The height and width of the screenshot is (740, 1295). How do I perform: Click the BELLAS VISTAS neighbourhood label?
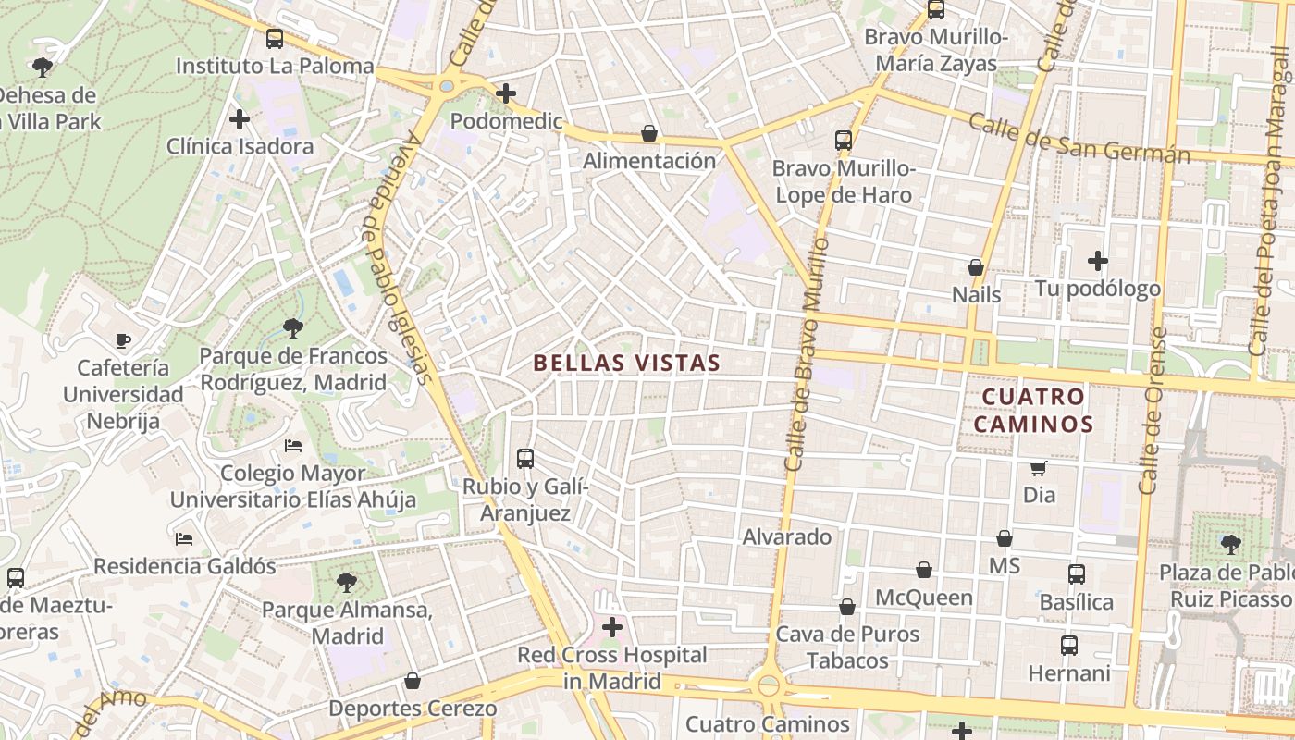coord(626,363)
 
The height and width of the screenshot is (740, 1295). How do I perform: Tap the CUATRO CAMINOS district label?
coord(1037,410)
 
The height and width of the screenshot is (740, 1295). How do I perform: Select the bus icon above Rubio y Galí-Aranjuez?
coord(525,458)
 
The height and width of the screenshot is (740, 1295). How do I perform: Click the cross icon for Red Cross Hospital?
coord(611,628)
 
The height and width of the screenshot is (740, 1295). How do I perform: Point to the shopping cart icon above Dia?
coord(1039,468)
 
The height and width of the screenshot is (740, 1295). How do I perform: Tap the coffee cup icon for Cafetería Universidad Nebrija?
coord(123,340)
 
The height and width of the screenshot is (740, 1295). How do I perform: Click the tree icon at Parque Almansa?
coord(347,583)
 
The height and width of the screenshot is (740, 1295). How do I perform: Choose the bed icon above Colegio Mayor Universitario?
coord(293,446)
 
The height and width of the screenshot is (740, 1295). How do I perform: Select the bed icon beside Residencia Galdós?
coord(184,538)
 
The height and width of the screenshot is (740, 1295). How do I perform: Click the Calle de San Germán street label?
coord(1079,138)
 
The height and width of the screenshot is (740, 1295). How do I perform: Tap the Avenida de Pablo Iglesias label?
coord(399,258)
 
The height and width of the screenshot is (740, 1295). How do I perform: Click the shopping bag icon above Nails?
coord(975,267)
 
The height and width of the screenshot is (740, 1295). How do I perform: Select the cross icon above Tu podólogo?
coord(1098,261)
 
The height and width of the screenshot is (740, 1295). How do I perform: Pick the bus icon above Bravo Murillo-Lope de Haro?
coord(844,141)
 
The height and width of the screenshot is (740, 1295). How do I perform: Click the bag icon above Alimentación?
coord(649,133)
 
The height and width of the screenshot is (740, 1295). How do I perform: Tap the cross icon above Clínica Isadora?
coord(240,118)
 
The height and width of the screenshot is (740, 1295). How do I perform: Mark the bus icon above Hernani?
coord(1069,645)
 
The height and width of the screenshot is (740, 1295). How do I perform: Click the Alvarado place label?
coord(787,536)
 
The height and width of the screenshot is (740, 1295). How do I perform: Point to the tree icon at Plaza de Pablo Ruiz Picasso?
coord(1230,543)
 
